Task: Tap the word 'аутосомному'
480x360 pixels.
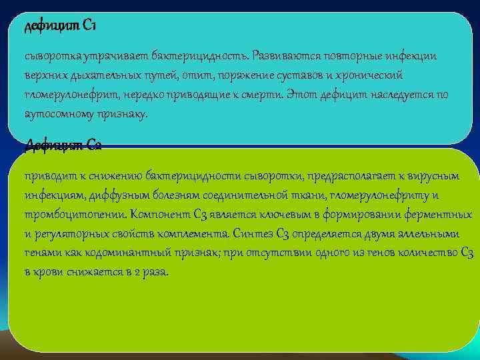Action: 55,115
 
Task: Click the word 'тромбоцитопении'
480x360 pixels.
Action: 74,215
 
